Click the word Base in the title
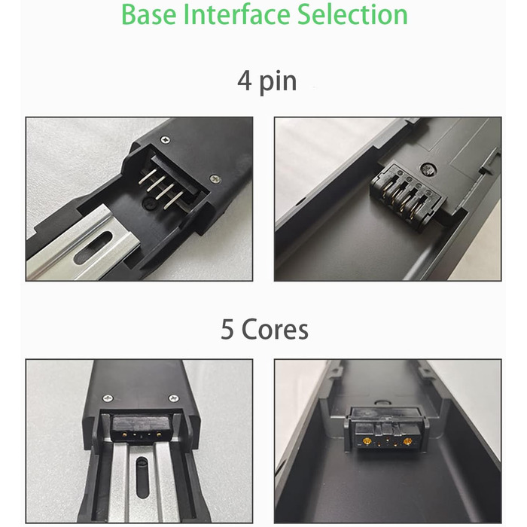(148, 14)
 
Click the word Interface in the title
(237, 14)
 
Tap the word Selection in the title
(352, 14)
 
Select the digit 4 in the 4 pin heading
(245, 81)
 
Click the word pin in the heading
(279, 82)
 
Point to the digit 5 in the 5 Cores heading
(227, 329)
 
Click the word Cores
(275, 330)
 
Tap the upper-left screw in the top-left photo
(165, 139)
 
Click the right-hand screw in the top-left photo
(215, 179)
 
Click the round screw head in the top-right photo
(428, 169)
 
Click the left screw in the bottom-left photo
(108, 398)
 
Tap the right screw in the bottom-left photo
(173, 398)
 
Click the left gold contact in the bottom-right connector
(367, 441)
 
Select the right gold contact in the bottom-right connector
(408, 441)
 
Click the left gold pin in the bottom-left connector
(125, 434)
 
